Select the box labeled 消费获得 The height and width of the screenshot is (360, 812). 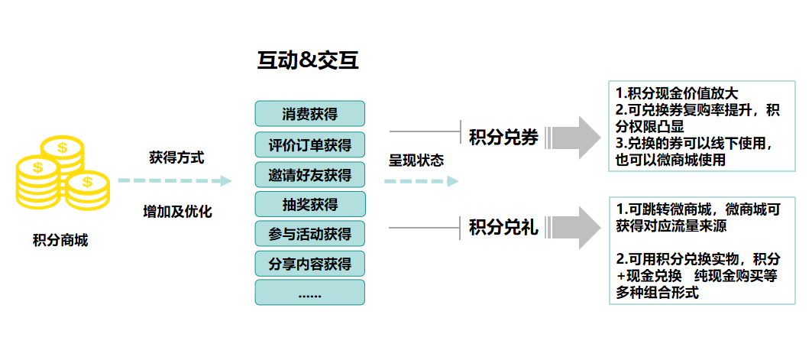pos(309,115)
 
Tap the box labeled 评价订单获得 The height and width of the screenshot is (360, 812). pos(309,145)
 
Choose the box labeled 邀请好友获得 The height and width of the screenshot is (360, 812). pos(309,175)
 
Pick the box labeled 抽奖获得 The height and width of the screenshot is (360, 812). pos(309,204)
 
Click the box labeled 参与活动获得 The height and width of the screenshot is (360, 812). pos(309,234)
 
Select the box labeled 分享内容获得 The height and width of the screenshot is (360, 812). pos(309,264)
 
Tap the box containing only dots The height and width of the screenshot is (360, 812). pos(309,293)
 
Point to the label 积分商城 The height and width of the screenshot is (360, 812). pos(60,241)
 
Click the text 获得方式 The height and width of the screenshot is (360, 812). pos(176,157)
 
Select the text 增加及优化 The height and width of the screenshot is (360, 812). pos(177,212)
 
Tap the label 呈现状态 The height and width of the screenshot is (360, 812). pos(416,161)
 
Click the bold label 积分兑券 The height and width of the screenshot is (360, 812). pos(503,138)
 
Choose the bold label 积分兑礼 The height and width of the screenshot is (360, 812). pos(503,227)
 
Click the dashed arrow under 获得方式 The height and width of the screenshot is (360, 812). pos(174,181)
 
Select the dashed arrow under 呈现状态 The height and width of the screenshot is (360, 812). pos(421,181)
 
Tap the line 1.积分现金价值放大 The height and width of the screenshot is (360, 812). pos(671,94)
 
